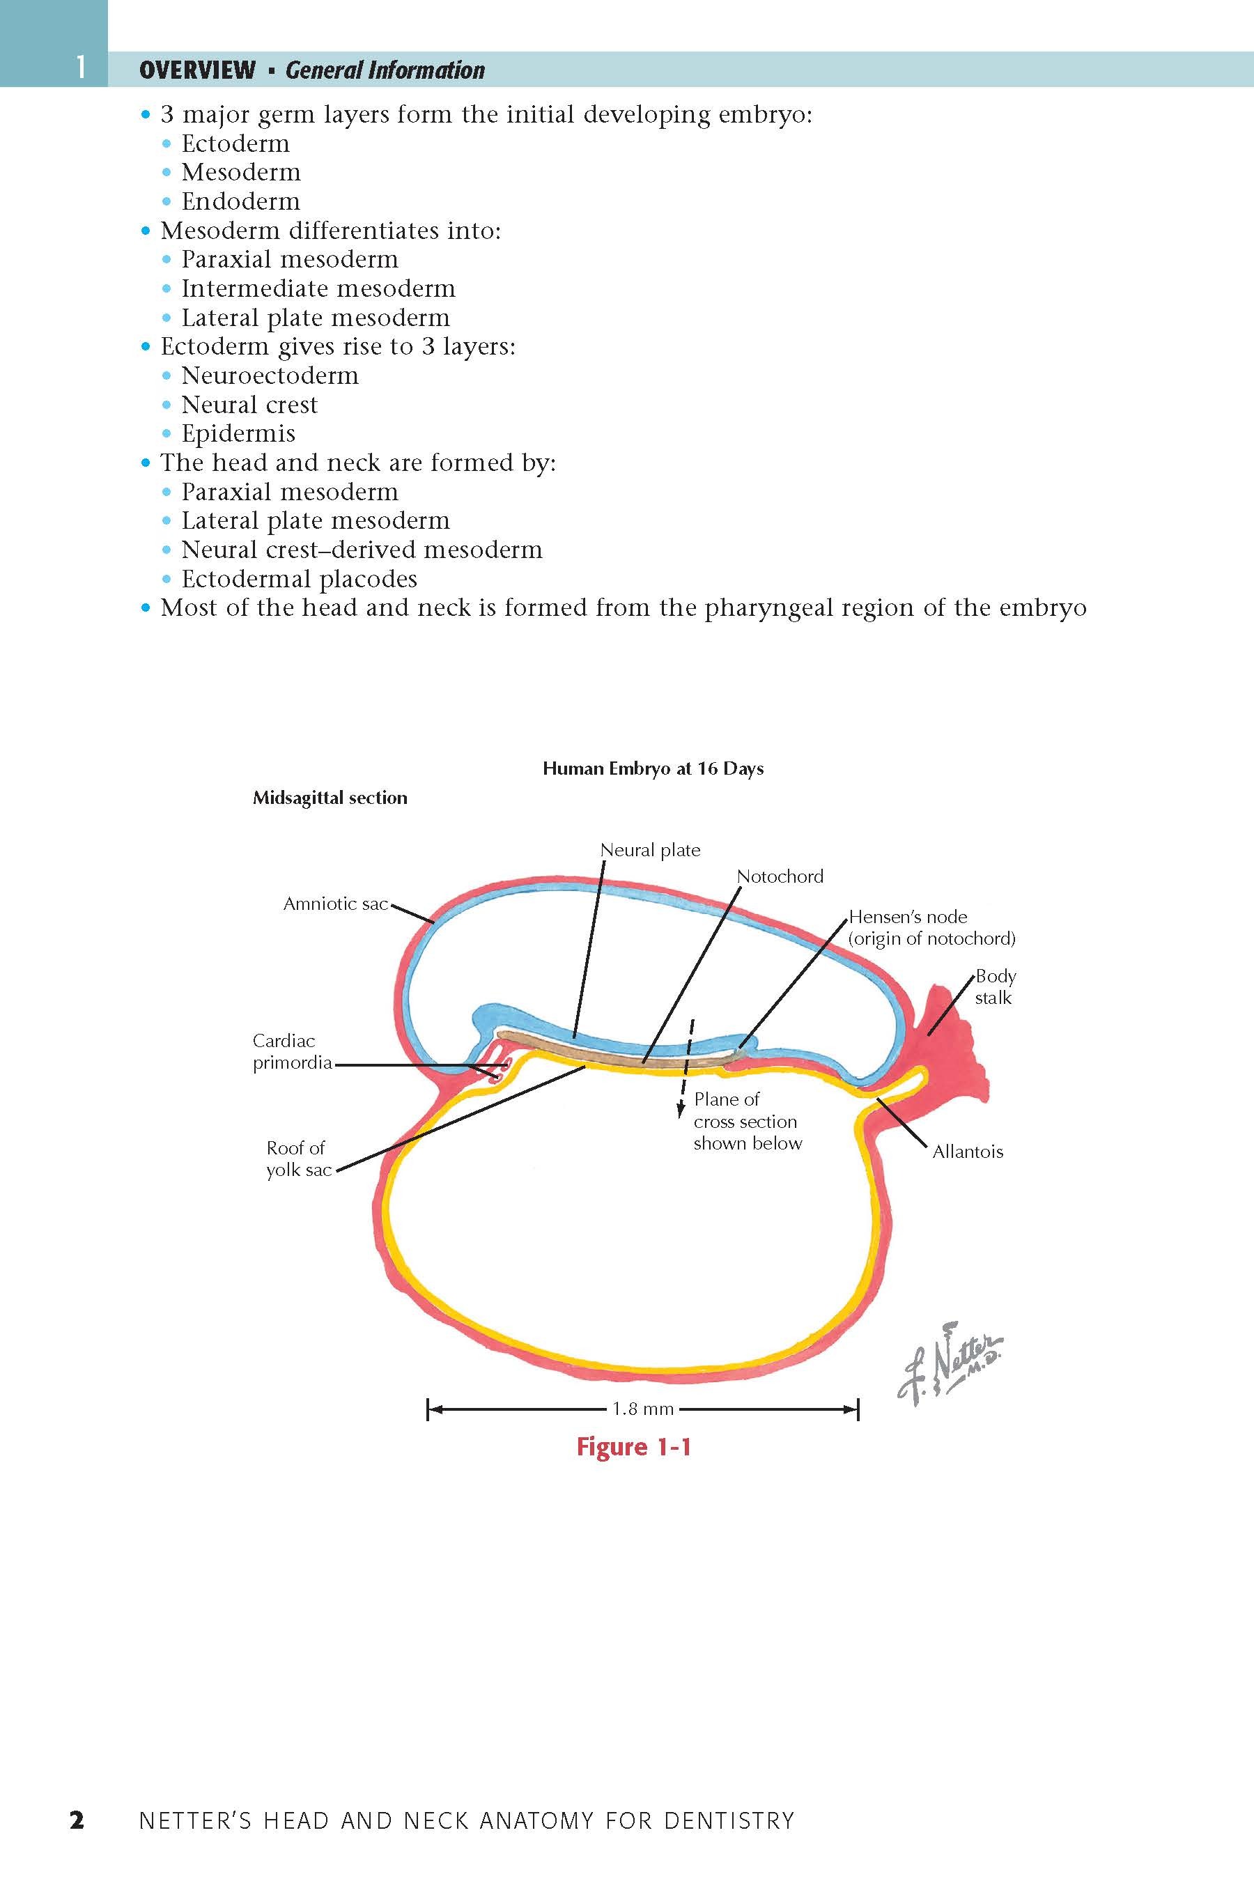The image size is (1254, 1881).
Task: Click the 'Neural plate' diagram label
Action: (650, 850)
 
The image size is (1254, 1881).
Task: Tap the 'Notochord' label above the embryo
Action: (780, 876)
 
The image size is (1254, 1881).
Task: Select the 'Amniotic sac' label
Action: (335, 904)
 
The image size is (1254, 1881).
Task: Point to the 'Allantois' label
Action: (968, 1152)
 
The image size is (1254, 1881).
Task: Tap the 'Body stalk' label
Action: (994, 987)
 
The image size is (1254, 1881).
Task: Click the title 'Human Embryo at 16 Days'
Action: (653, 768)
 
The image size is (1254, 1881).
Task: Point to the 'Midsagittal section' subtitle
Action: (330, 798)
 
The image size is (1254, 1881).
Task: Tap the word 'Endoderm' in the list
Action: (241, 201)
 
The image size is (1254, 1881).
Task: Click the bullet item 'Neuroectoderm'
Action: (270, 376)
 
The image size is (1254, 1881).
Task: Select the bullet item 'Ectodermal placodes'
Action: (299, 579)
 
